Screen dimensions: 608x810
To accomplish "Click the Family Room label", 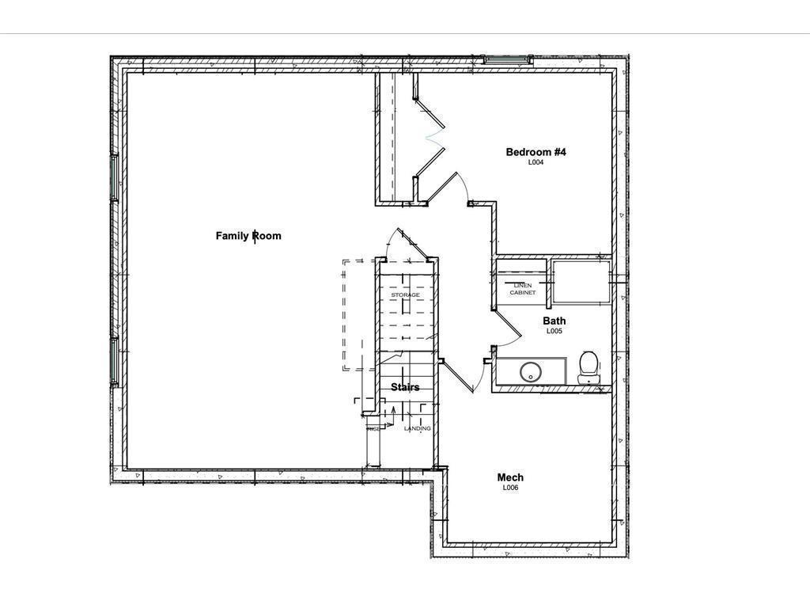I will click(x=248, y=236).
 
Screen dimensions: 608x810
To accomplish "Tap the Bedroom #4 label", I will click(x=536, y=152).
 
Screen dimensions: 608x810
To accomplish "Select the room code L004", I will click(x=536, y=162).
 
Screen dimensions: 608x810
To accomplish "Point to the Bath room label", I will click(x=554, y=321).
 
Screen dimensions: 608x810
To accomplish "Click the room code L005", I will click(x=554, y=332).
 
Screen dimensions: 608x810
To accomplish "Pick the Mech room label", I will click(x=510, y=477).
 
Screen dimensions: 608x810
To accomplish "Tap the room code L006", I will click(x=510, y=488).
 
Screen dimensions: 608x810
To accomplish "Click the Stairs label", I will click(x=405, y=387).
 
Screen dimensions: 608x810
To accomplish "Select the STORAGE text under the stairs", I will click(x=405, y=295).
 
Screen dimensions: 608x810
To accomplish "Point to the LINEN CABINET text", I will click(x=522, y=289).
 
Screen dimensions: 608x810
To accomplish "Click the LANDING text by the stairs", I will click(x=418, y=428).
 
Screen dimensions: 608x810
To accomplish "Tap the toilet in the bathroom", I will click(x=588, y=367).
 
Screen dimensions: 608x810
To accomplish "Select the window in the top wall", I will click(x=507, y=59).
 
